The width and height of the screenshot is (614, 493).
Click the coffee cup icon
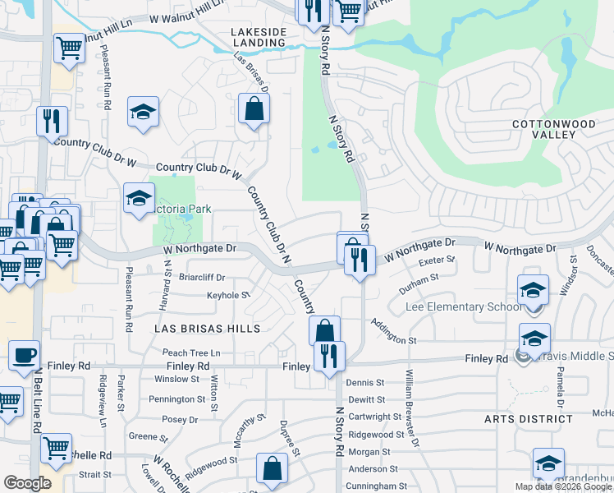(24, 356)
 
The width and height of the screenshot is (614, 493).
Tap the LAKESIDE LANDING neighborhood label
(259, 38)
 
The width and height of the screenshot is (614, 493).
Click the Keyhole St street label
(227, 295)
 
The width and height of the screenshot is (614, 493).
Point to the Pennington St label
(176, 399)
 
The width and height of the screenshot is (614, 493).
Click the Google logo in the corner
(27, 483)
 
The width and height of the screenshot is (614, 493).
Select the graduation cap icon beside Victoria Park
(139, 198)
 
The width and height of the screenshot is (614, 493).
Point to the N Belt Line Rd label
(38, 411)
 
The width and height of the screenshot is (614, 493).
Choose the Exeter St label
(437, 262)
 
